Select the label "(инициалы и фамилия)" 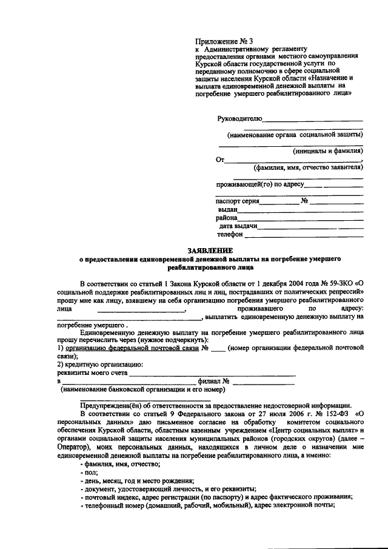pyautogui.click(x=327, y=151)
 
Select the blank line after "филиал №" pyautogui.click(x=264, y=384)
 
